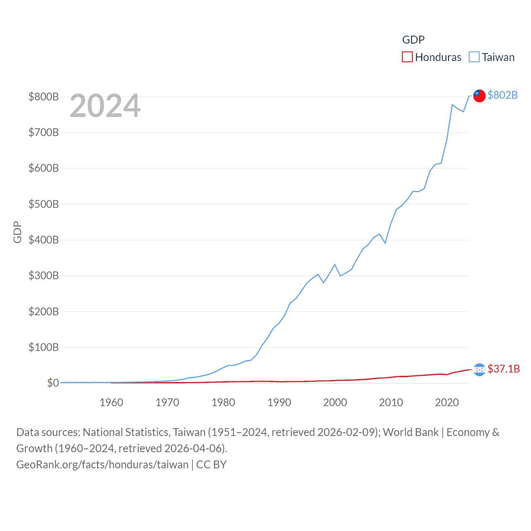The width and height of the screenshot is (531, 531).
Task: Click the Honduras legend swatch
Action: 407,57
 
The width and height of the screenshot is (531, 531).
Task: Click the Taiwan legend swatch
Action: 474,57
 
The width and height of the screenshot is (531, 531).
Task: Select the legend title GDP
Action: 413,40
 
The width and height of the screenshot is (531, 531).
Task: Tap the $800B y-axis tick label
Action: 44,97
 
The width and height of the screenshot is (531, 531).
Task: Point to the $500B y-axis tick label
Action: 44,204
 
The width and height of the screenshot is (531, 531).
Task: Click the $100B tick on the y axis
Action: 44,347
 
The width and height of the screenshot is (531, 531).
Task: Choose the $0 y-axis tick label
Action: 53,383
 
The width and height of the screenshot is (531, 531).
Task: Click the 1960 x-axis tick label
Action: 111,402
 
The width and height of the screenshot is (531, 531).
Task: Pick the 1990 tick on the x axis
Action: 279,402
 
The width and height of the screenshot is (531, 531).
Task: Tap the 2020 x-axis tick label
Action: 447,402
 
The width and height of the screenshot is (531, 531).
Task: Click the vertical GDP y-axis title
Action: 17,232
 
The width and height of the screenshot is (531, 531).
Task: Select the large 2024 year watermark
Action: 105,106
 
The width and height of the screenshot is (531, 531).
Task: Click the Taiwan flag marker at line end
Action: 479,95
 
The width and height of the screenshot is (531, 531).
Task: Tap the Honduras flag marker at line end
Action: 479,369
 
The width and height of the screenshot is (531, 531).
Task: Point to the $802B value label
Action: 502,95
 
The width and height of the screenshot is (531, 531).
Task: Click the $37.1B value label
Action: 504,369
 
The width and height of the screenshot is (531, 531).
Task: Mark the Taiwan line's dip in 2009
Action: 385,243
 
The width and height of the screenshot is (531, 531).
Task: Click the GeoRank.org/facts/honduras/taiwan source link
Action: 102,465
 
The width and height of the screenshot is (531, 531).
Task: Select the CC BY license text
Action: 212,465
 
